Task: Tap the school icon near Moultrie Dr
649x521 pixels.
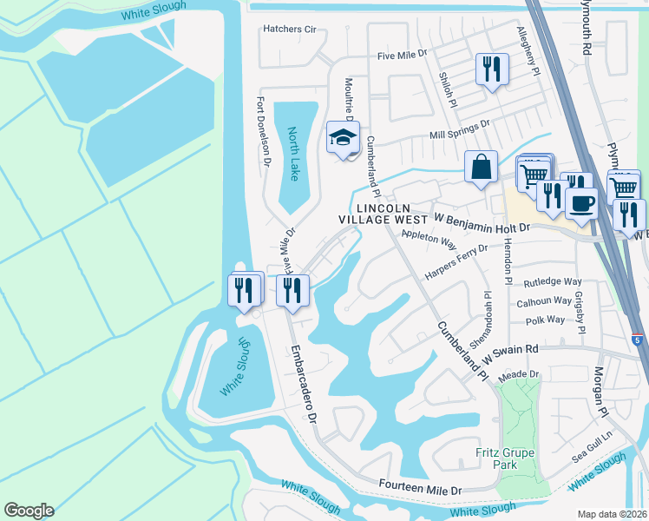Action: pos(343,137)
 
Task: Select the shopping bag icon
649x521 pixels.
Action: pos(481,167)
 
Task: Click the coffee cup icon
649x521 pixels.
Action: pos(581,203)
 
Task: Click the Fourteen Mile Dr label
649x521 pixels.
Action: pos(420,488)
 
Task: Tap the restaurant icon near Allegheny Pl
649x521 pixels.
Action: pos(492,69)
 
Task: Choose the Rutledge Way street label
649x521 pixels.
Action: pos(553,282)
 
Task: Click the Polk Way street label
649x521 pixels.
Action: pos(545,320)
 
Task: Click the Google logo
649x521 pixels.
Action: pos(29,511)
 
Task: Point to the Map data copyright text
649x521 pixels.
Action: pos(612,513)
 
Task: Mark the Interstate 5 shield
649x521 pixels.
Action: pos(638,337)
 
